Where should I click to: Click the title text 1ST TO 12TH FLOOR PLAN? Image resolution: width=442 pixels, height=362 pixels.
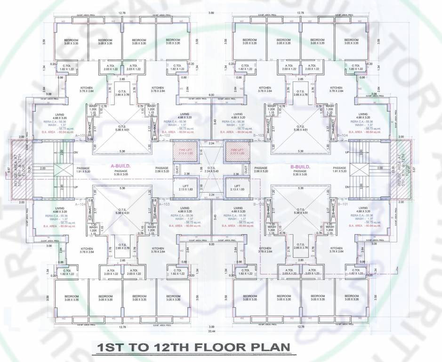(x=193, y=348)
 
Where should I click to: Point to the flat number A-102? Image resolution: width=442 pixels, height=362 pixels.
(x=164, y=135)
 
